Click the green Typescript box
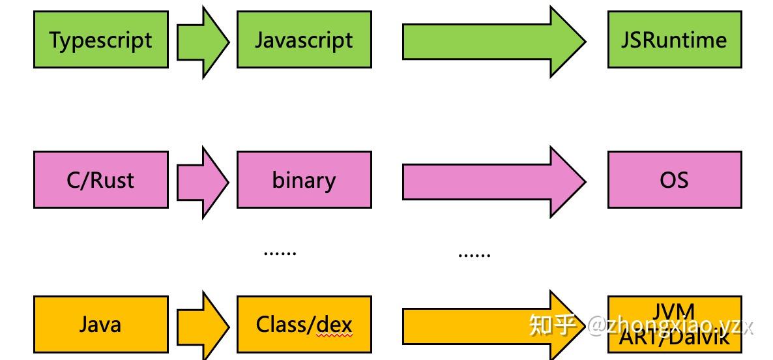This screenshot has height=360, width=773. click(x=101, y=40)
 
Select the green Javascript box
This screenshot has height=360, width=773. click(x=304, y=40)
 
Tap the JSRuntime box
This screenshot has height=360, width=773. click(x=675, y=40)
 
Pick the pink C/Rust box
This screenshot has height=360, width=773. click(x=101, y=179)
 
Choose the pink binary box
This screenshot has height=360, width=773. click(x=304, y=179)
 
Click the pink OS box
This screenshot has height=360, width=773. click(x=675, y=179)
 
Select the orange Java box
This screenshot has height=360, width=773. click(x=101, y=324)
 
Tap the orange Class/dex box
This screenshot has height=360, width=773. click(x=304, y=324)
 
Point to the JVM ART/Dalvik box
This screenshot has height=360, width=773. click(x=675, y=324)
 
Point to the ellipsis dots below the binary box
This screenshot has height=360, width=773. click(x=280, y=252)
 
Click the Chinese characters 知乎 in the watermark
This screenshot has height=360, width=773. click(x=553, y=324)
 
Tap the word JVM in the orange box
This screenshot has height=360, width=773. click(x=674, y=312)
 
